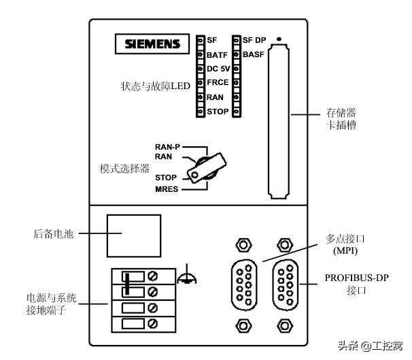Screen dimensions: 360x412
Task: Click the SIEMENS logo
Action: [x=152, y=44]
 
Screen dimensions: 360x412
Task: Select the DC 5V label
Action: [x=218, y=69]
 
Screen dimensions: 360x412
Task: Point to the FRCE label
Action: [x=218, y=83]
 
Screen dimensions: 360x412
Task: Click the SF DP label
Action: [x=254, y=40]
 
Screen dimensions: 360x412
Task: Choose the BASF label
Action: [x=253, y=54]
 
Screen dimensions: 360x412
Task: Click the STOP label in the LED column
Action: [x=218, y=112]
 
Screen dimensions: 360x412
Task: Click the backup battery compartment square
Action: [x=133, y=234]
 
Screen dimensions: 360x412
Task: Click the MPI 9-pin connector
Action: [x=241, y=280]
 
